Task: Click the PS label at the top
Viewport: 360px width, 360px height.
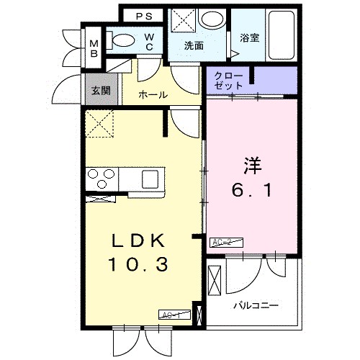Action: [x=144, y=15]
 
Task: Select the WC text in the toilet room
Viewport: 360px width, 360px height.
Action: [x=149, y=41]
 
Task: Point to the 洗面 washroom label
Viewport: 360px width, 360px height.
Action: [x=194, y=45]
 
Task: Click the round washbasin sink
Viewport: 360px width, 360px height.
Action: [x=212, y=19]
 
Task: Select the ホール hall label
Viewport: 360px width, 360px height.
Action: [x=153, y=94]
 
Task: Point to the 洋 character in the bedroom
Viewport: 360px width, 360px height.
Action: [x=249, y=164]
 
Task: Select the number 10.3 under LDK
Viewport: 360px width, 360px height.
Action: [x=138, y=265]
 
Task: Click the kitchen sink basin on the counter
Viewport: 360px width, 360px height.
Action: [x=152, y=177]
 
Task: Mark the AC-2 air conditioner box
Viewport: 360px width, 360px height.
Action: [x=221, y=243]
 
